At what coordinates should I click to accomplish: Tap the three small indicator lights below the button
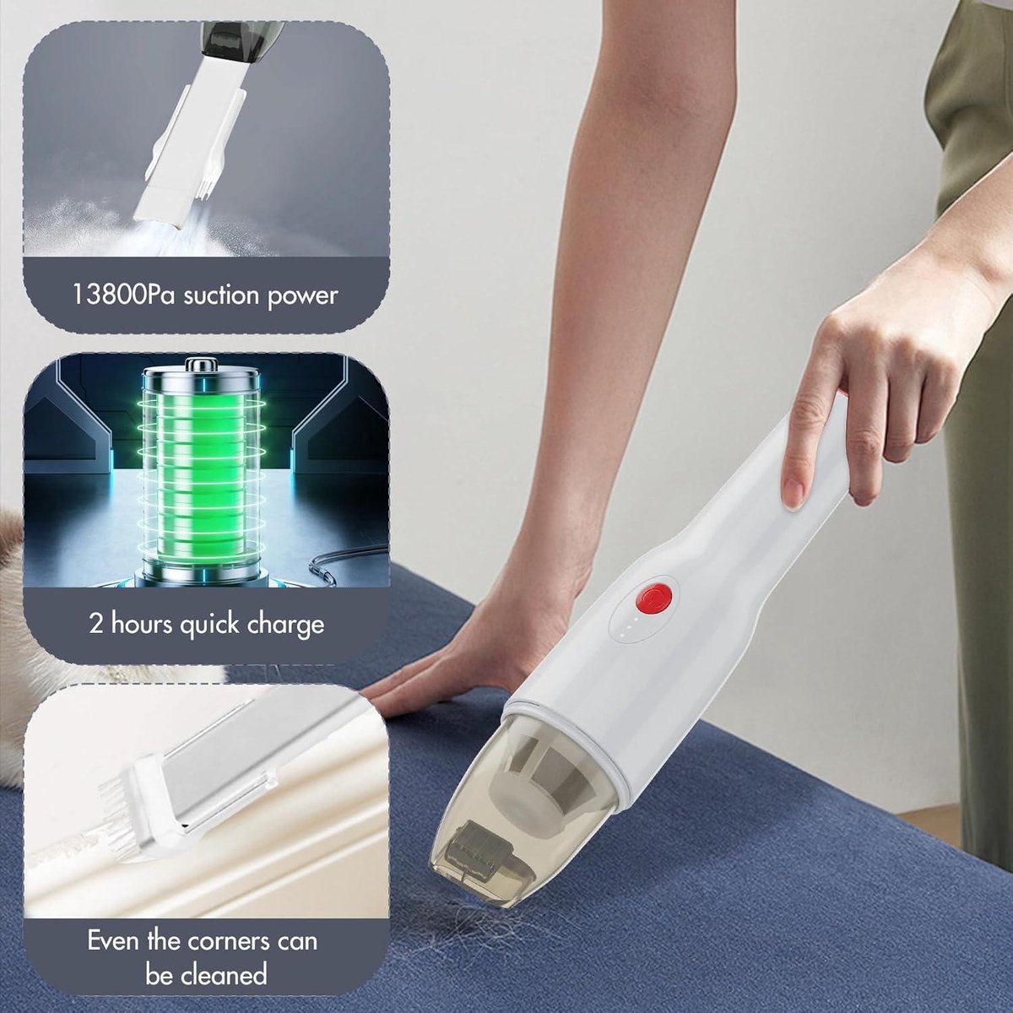627,626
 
